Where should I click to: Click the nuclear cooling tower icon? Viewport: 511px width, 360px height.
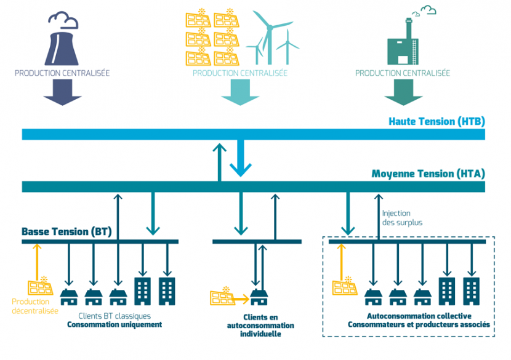point(62,48)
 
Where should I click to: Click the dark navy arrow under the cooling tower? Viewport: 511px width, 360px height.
point(62,92)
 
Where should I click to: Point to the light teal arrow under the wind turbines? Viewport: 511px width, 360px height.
point(240,92)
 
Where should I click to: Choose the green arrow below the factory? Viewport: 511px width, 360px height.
point(403,92)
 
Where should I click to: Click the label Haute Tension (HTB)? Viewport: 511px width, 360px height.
point(437,121)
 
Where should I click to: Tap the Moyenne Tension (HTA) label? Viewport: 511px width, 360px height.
point(429,174)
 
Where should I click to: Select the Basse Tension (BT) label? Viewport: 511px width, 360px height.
point(66,231)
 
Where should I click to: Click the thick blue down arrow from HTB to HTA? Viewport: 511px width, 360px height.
point(241,158)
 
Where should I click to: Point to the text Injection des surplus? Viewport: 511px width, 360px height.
point(402,218)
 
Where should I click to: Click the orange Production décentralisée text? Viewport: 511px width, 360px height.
point(35,306)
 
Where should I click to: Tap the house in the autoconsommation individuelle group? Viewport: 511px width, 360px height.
point(259,297)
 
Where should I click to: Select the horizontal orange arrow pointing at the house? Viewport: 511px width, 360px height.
point(242,299)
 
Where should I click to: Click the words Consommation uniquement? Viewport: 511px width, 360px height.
point(115,324)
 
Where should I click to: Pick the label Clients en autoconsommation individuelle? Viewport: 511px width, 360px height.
point(260,326)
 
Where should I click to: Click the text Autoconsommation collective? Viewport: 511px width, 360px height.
point(419,316)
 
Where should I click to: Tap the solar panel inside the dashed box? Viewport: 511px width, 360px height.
point(345,286)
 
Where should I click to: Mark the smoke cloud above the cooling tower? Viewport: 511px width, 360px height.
point(63,20)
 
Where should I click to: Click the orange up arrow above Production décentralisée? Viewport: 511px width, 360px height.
point(37,262)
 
